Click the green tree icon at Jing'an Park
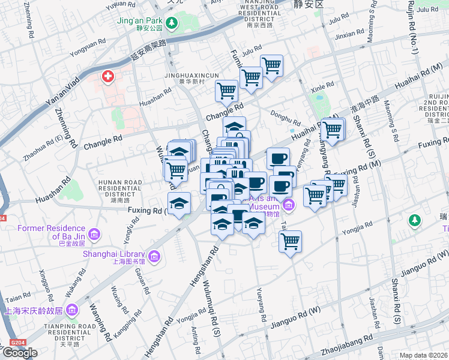pyautogui.click(x=172, y=23)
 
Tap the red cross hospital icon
pyautogui.click(x=108, y=77)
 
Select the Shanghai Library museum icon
pyautogui.click(x=155, y=257)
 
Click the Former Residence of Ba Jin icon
pyautogui.click(x=94, y=233)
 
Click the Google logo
pyautogui.click(x=20, y=353)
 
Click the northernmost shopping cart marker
pyautogui.click(x=271, y=65)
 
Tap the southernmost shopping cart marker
pyautogui.click(x=290, y=241)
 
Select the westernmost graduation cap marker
pyautogui.click(x=179, y=204)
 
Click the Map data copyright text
pyautogui.click(x=424, y=355)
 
